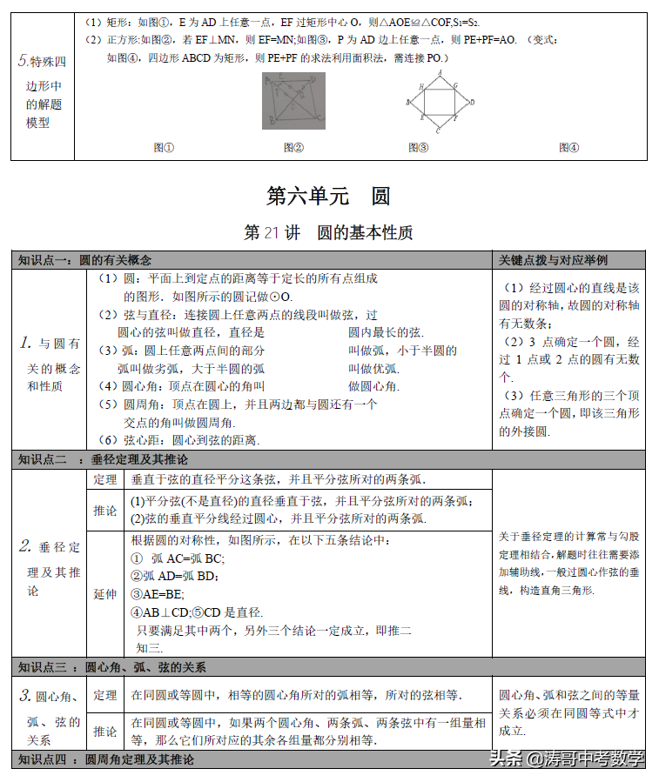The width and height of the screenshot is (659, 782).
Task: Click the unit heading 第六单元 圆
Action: [328, 196]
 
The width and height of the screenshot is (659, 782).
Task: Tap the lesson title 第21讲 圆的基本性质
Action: [328, 233]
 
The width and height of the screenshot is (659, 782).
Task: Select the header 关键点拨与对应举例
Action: [554, 260]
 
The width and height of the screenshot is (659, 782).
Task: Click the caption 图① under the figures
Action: [164, 148]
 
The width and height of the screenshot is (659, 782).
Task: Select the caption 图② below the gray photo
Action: [293, 148]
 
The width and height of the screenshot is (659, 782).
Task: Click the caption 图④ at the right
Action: [568, 148]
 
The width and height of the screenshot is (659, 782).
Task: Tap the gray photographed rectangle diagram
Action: [293, 101]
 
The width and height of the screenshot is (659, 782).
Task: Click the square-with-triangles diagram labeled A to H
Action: [440, 101]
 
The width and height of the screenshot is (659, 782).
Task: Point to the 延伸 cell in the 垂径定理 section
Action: [104, 594]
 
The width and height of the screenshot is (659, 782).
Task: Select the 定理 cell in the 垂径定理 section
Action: [104, 479]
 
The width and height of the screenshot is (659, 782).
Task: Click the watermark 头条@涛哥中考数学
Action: [567, 759]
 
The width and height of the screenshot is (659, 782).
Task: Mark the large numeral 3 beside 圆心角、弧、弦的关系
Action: [26, 696]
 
